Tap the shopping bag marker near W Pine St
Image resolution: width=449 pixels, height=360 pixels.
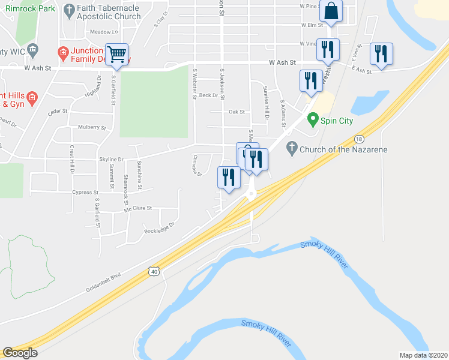[x=331, y=11]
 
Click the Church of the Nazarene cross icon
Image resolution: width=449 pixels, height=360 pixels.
[x=292, y=147]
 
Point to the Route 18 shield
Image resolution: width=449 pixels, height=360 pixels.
[x=359, y=138]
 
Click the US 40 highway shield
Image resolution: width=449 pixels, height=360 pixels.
[x=154, y=272]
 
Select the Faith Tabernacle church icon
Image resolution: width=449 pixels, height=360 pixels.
[x=70, y=9]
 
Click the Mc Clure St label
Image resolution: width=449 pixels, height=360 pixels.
[x=138, y=208]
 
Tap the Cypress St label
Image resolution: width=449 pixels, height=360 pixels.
[x=85, y=193]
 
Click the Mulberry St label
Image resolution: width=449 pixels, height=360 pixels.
[x=91, y=128]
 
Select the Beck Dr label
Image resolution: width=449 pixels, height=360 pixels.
[x=208, y=95]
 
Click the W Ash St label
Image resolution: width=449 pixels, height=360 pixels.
[x=282, y=62]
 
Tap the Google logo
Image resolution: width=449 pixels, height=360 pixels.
[x=20, y=353]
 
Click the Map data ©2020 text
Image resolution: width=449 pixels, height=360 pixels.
[x=423, y=355]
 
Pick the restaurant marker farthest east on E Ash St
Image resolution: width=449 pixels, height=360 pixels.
[x=381, y=54]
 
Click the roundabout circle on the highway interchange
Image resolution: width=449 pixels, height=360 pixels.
[x=250, y=194]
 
